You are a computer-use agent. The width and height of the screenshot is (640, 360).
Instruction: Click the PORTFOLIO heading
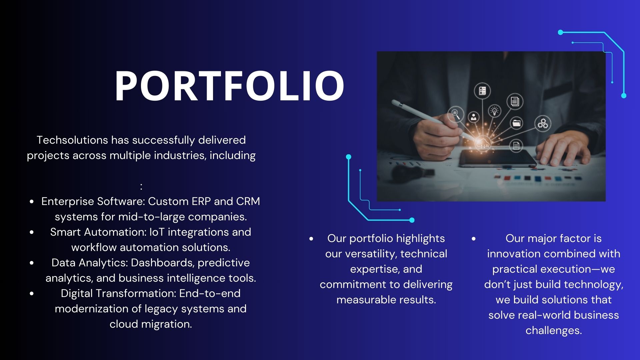[229, 86]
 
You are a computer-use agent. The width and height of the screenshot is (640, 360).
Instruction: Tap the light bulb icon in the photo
[494, 110]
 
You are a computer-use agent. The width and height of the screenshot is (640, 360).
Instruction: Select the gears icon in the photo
[543, 124]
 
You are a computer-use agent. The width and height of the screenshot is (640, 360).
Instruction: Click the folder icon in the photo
[516, 123]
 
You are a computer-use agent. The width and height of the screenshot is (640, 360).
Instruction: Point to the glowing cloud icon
[483, 144]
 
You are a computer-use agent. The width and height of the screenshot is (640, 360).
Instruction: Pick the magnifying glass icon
[456, 114]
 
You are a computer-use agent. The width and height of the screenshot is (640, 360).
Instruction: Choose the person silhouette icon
[473, 117]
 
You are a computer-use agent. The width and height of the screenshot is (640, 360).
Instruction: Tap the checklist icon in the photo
[482, 91]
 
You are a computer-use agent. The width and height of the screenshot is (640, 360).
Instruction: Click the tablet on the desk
[497, 158]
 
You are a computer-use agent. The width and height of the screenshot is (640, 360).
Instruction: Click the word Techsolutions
[72, 140]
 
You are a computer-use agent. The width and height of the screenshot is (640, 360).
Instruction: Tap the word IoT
[157, 232]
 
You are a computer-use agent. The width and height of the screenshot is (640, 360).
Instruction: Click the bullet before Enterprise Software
[32, 202]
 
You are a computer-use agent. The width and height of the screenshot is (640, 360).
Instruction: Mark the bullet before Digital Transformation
[32, 294]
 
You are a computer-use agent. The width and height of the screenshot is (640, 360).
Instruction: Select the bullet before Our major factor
[474, 239]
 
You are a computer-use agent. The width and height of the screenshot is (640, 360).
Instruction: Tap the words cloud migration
[151, 324]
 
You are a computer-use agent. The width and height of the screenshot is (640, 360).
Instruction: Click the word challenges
[553, 330]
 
